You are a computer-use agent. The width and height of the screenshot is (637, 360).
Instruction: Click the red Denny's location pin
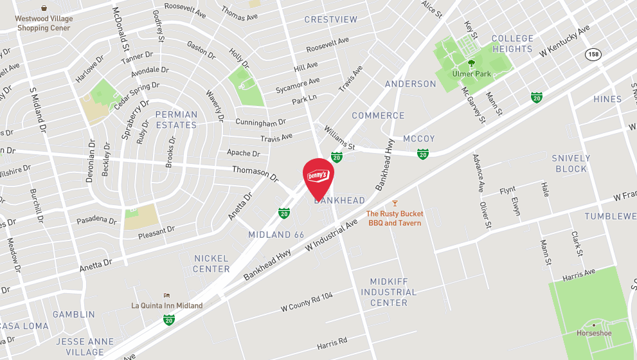(319, 176)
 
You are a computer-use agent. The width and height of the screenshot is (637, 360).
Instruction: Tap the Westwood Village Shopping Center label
(44, 24)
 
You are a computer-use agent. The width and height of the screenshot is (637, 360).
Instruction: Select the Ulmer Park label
(471, 74)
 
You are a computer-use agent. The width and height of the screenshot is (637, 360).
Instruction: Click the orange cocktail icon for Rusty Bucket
(395, 203)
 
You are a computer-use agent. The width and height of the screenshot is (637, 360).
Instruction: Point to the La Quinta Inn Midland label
(167, 305)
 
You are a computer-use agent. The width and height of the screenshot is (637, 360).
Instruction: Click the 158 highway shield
(593, 55)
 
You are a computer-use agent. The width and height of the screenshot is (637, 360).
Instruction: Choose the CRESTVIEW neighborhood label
(330, 20)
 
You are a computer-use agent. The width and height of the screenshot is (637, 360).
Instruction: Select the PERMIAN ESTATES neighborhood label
(176, 120)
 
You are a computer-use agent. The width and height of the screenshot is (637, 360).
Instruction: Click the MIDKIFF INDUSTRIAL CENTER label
(388, 292)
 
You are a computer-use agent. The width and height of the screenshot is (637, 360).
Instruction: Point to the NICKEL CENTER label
(211, 264)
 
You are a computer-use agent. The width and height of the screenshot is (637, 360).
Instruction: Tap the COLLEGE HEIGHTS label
(512, 44)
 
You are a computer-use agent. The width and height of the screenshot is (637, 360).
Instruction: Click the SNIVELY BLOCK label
(571, 163)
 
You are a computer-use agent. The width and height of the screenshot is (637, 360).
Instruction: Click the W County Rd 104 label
(307, 302)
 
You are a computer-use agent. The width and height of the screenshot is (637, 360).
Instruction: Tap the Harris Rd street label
(332, 343)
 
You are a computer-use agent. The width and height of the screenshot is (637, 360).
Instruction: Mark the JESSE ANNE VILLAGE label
(84, 346)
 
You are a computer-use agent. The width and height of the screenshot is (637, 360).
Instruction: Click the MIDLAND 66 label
(276, 235)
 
